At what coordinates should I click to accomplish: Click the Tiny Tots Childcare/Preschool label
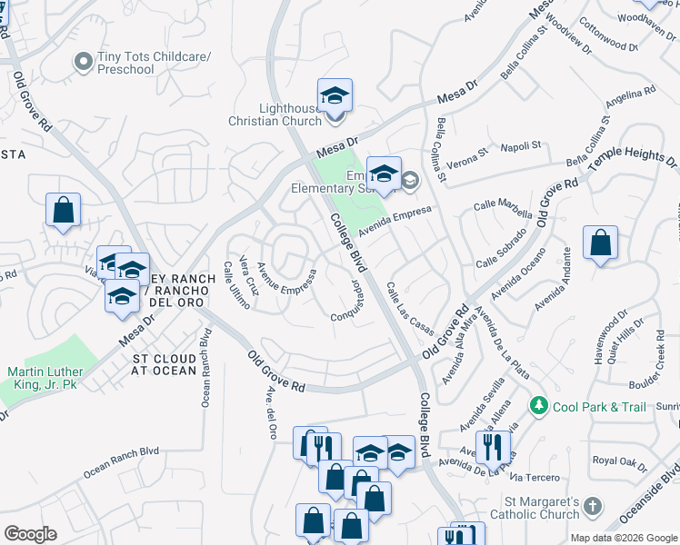[x=154, y=63]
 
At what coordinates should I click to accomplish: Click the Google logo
[x=30, y=533]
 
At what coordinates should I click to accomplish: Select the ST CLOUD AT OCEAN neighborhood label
[x=164, y=363]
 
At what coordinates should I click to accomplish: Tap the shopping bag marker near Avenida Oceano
[x=600, y=243]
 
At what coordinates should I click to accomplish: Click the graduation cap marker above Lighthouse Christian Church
[x=335, y=95]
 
